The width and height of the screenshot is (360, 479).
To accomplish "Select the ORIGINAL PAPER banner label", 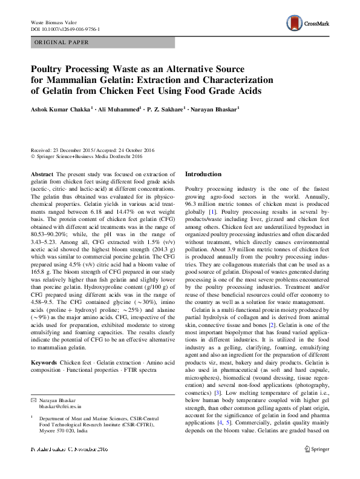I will tap(61, 42).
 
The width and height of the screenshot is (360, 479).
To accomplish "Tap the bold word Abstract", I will tap(41, 174).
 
